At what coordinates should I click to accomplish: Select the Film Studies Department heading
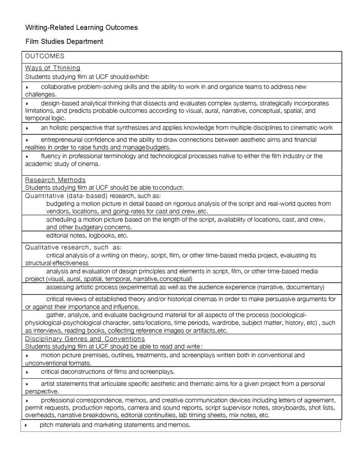click(x=64, y=41)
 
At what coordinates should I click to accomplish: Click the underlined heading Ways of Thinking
click(x=52, y=68)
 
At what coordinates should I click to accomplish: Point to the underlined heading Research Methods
click(x=55, y=180)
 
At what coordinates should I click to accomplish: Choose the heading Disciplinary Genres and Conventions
click(x=85, y=339)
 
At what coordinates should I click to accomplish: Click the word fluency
click(x=51, y=156)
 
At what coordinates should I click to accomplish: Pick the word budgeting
click(x=61, y=203)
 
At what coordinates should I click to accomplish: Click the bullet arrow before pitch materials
click(x=26, y=425)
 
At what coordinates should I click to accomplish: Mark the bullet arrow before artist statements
click(x=27, y=384)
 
